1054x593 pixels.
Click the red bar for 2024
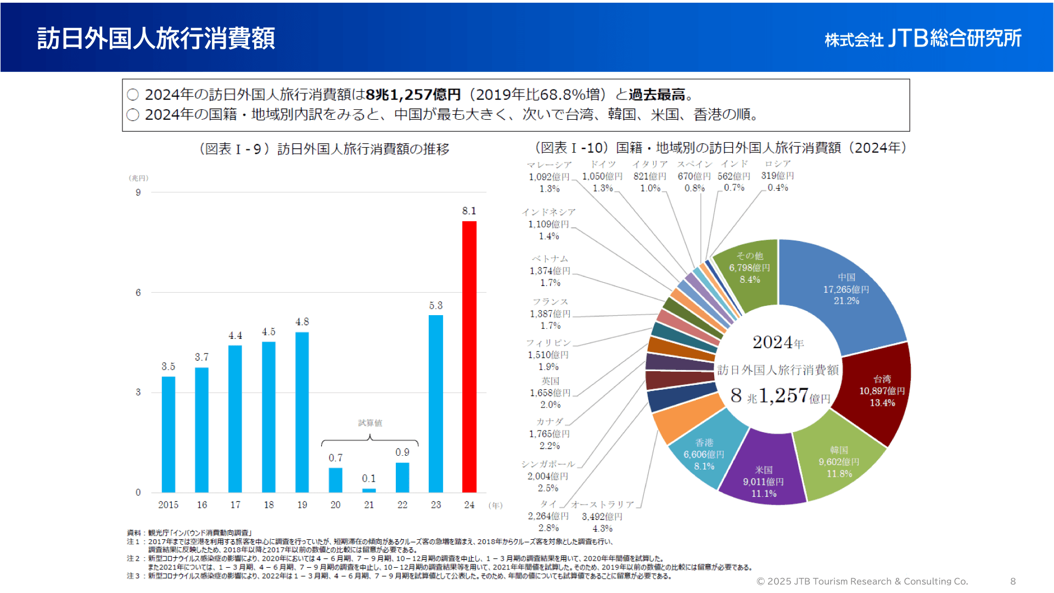pyautogui.click(x=469, y=357)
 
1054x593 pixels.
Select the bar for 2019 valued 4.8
pyautogui.click(x=302, y=412)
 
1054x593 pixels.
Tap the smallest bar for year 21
pyautogui.click(x=369, y=490)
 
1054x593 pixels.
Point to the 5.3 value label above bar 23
pyautogui.click(x=436, y=305)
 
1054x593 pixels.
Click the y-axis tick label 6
pyautogui.click(x=138, y=293)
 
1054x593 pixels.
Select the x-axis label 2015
pyautogui.click(x=168, y=505)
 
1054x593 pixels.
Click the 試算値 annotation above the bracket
pyautogui.click(x=370, y=423)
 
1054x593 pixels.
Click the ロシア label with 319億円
pyautogui.click(x=777, y=176)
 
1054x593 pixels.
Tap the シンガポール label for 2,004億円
pyautogui.click(x=548, y=476)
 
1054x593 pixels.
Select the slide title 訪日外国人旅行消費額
pyautogui.click(x=156, y=38)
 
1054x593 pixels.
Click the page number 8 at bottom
pyautogui.click(x=1013, y=581)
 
